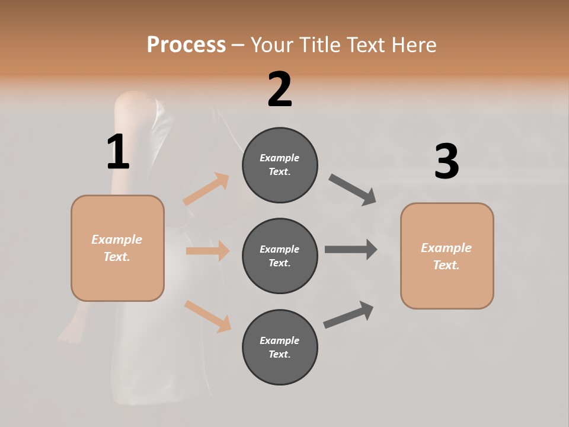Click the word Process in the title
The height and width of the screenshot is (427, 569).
point(186,45)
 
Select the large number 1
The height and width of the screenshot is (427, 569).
point(118,152)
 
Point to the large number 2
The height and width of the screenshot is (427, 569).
point(280,90)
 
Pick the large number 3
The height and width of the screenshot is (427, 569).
point(446,161)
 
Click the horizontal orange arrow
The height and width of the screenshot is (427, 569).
point(207,251)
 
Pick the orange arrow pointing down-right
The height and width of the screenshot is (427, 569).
point(207,316)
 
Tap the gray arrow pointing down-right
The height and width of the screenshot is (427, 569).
point(353,190)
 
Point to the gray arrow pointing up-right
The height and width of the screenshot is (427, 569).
point(349,314)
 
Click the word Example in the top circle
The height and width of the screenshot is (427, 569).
point(280,158)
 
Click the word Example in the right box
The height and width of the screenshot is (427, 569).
point(446,248)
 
